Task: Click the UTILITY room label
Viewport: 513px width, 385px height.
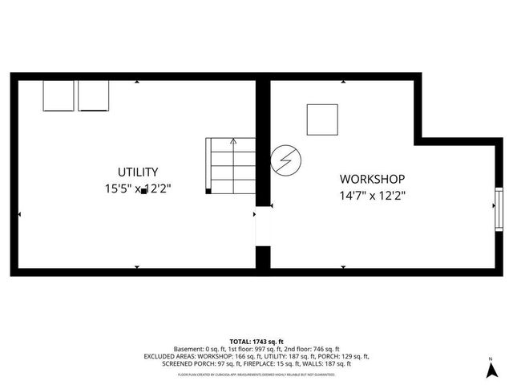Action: click(x=138, y=172)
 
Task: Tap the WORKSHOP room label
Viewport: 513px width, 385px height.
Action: click(x=372, y=179)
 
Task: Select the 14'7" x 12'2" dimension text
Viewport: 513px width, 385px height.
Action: click(x=372, y=195)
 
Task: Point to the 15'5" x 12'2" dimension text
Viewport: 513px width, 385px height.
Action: click(x=138, y=189)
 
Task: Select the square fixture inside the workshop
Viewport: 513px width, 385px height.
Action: click(x=323, y=120)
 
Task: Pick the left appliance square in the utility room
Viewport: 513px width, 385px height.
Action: click(x=59, y=95)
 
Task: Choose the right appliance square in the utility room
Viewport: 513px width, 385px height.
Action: click(x=93, y=95)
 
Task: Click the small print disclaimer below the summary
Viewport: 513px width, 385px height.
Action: click(x=256, y=374)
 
